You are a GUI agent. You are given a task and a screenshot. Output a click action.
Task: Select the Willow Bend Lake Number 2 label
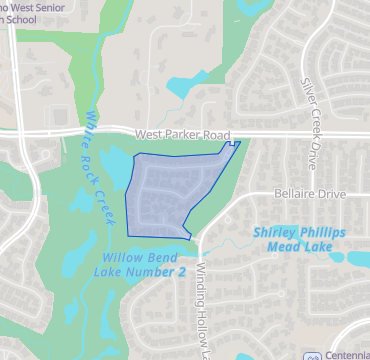click(x=143, y=264)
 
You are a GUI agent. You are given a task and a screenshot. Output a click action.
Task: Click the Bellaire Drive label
click(x=305, y=198)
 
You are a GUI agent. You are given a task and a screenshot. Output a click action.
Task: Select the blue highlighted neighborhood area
click(x=170, y=190)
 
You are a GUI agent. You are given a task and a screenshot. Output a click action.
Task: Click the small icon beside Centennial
click(x=313, y=355)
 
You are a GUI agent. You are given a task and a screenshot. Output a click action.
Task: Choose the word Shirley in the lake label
click(x=275, y=232)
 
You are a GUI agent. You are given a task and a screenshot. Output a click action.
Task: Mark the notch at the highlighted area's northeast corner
click(x=235, y=144)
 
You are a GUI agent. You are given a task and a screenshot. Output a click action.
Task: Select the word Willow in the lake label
click(x=118, y=257)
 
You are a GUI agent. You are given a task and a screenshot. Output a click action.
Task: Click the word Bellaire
click(x=290, y=198)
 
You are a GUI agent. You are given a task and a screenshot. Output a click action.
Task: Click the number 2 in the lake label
click(x=182, y=271)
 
